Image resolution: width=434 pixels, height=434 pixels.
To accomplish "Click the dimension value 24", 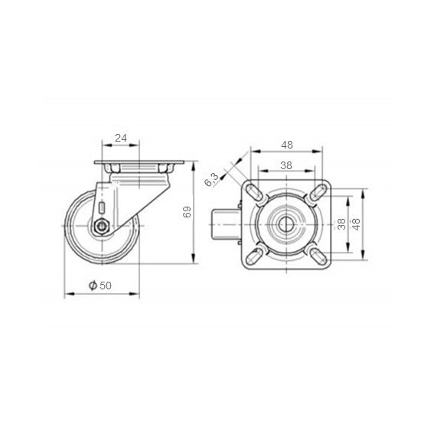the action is click(x=121, y=138).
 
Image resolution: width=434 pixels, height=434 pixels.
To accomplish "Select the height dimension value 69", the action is click(x=188, y=212).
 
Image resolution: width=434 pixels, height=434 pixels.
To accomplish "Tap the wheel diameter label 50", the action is click(x=106, y=286).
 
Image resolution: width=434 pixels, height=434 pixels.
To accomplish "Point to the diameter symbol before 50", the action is click(x=93, y=286).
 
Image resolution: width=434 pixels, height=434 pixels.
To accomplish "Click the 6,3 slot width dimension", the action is click(x=212, y=179).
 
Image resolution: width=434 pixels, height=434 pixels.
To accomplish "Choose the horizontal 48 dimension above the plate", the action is click(x=287, y=145).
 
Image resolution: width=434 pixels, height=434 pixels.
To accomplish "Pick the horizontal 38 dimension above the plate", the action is click(x=286, y=165).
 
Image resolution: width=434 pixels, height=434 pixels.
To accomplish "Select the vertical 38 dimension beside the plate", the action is click(x=342, y=224).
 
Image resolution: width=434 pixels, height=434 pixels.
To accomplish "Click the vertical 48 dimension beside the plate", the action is click(x=357, y=224).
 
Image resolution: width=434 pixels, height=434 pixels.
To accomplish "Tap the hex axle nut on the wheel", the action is click(x=102, y=227).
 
